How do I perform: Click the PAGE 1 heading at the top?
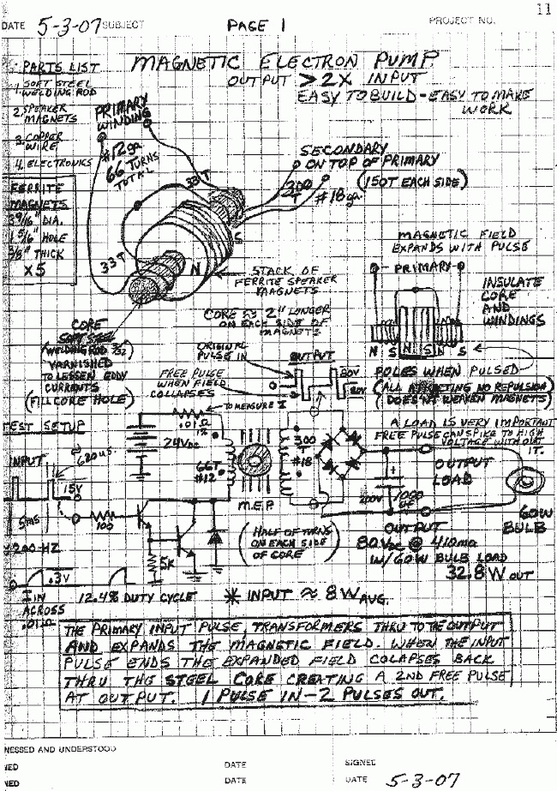pos(256,27)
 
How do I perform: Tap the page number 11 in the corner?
pos(542,9)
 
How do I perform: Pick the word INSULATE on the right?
pos(512,282)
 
